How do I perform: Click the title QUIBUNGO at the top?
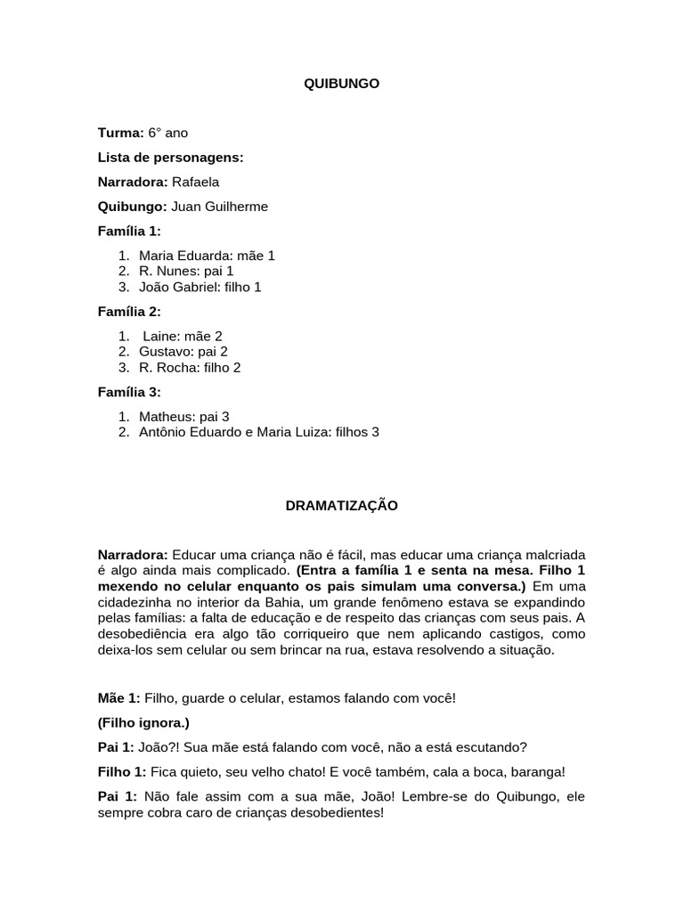342,83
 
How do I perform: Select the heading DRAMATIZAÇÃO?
342,506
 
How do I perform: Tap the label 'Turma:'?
120,133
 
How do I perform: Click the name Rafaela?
195,182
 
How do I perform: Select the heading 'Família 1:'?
129,232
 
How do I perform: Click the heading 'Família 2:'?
129,312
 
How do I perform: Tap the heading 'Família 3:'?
129,392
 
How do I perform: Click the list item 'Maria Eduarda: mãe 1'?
207,256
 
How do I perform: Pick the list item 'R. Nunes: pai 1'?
186,271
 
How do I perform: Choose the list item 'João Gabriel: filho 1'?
200,287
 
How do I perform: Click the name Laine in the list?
160,336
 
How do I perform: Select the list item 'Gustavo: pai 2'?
183,351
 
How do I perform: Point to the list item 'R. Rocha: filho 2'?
190,367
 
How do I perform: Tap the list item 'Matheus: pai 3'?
184,416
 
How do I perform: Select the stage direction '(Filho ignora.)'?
143,722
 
